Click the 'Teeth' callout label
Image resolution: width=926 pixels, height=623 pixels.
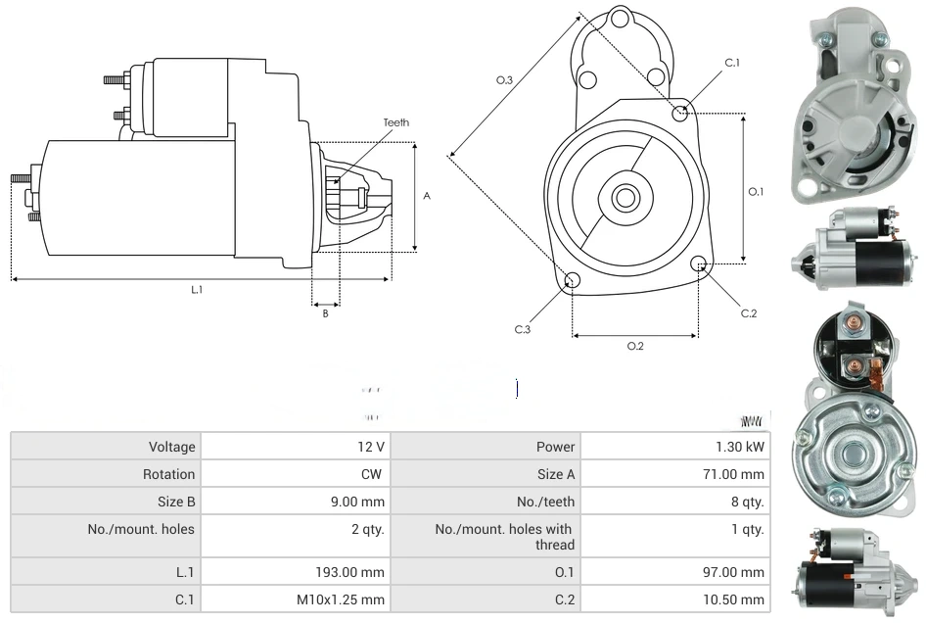click(x=396, y=122)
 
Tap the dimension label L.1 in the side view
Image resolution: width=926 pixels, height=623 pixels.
click(x=197, y=290)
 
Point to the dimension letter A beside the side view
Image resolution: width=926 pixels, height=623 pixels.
click(x=427, y=196)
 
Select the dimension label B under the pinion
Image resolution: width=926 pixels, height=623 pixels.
click(x=326, y=313)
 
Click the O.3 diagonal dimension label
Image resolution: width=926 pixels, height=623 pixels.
click(x=505, y=80)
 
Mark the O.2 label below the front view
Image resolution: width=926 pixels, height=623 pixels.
click(x=634, y=346)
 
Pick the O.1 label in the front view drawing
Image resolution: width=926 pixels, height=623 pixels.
click(x=756, y=192)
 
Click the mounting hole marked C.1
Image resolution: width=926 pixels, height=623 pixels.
click(x=680, y=114)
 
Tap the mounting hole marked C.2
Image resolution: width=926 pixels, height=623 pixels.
click(x=699, y=264)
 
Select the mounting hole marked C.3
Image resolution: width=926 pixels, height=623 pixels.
click(x=573, y=282)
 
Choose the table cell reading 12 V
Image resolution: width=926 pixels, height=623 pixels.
click(x=371, y=447)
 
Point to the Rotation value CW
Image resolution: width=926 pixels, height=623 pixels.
click(x=374, y=474)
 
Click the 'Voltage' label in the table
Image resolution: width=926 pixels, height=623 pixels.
click(x=172, y=447)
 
